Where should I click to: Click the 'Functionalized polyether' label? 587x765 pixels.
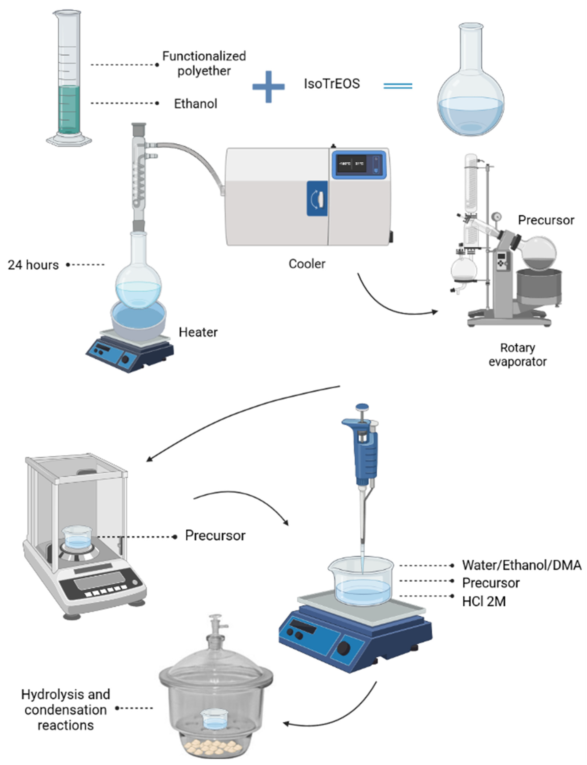pyautogui.click(x=204, y=63)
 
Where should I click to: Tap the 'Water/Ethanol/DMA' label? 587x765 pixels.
pyautogui.click(x=521, y=565)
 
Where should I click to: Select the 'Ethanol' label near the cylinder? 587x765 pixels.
pyautogui.click(x=196, y=104)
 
